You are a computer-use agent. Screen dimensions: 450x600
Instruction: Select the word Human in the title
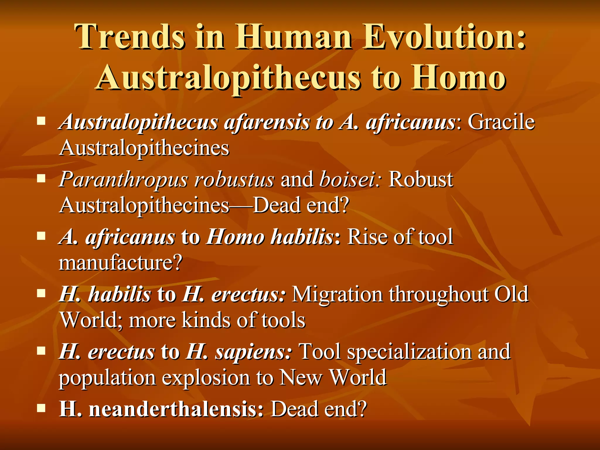click(293, 37)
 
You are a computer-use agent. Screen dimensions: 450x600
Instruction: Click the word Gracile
click(501, 122)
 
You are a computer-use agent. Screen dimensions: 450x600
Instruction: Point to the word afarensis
click(267, 122)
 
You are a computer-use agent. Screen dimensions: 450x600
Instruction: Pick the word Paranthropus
click(123, 179)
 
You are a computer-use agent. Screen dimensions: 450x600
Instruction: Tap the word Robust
click(421, 179)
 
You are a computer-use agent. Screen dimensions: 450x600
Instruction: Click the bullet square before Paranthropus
click(41, 178)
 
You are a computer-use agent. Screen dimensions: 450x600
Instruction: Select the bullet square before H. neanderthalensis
click(41, 408)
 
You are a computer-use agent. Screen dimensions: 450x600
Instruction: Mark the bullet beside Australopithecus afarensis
click(41, 121)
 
